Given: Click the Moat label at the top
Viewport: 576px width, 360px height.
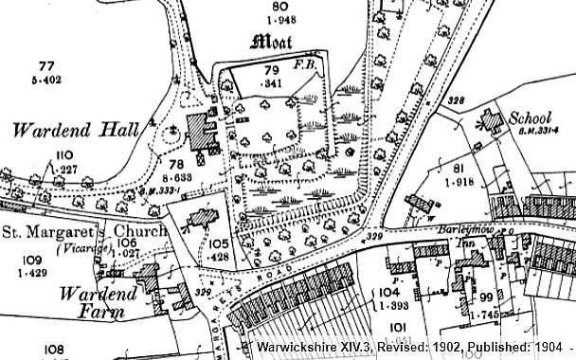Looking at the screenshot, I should [272, 42].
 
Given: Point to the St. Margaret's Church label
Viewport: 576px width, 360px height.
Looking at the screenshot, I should [83, 230].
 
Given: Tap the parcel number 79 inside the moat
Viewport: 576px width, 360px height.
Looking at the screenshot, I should [270, 71].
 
